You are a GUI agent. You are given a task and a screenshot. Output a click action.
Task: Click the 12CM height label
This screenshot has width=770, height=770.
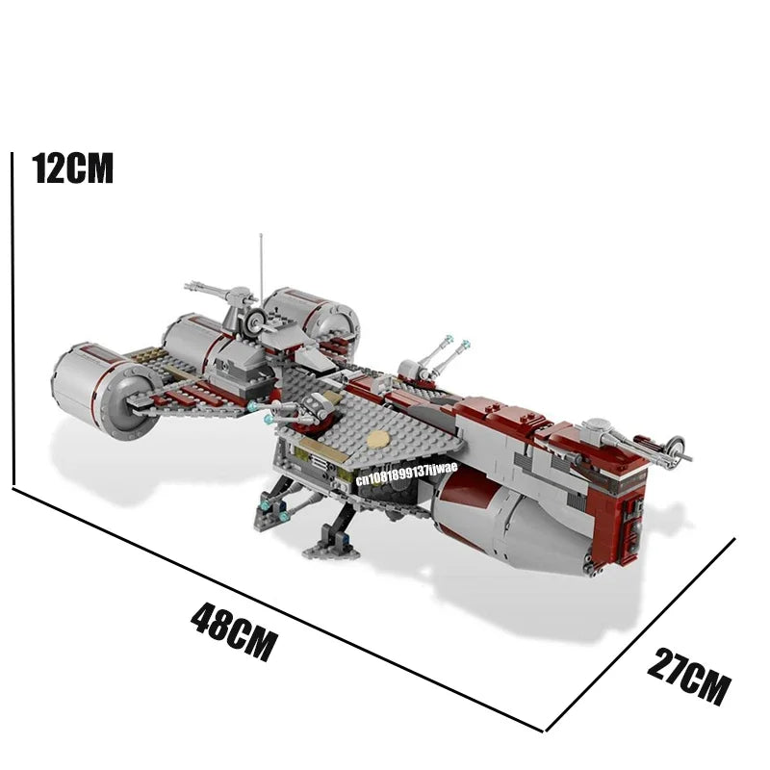(73, 167)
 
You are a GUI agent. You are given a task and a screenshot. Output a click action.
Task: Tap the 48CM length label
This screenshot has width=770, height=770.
(234, 631)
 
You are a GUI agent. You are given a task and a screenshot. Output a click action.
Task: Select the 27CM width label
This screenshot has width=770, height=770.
(688, 677)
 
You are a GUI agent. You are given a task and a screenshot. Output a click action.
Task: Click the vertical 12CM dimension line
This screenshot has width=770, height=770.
(13, 319)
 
